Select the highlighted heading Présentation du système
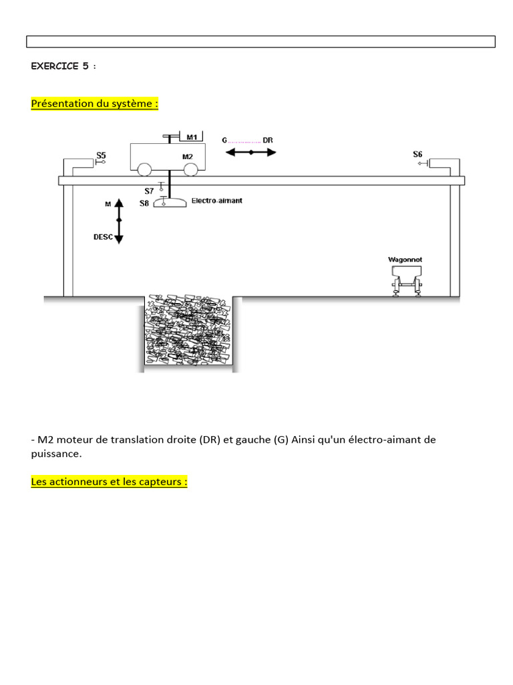point(95,104)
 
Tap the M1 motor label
point(192,137)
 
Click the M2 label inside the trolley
point(188,157)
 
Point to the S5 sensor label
point(101,155)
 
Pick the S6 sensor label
point(418,155)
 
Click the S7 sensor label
point(150,191)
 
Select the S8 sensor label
point(144,203)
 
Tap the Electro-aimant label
point(216,200)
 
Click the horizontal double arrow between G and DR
point(250,153)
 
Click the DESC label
point(102,237)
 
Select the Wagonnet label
point(405,259)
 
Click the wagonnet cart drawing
point(406,278)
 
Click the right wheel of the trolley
point(191,169)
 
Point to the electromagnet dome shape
point(170,203)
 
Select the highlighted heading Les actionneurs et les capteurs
point(110,482)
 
